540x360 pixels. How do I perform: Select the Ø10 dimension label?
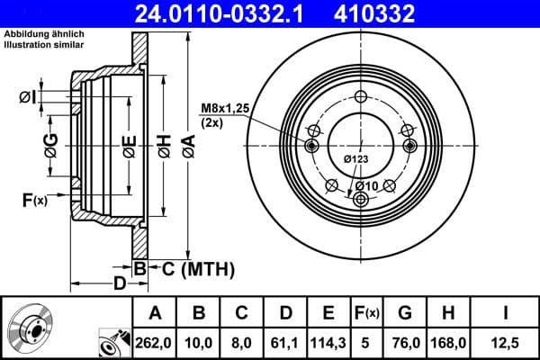(x=364, y=185)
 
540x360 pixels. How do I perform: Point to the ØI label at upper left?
(x=28, y=96)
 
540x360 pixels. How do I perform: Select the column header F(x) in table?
(x=367, y=312)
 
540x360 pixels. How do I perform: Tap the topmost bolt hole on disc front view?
(x=361, y=98)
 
